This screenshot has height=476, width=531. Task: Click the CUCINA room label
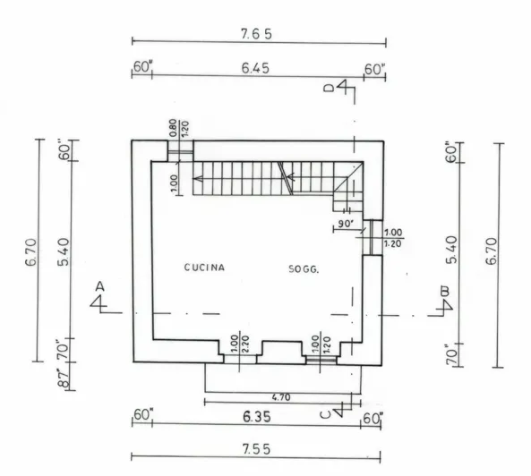[x=204, y=268]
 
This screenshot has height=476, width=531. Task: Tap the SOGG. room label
[x=304, y=269]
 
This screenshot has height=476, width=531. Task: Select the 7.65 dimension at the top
[x=256, y=34]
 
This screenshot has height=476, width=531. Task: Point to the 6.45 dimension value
[x=255, y=68]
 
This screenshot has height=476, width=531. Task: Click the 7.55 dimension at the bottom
[x=256, y=449]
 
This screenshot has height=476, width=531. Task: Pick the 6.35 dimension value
[x=257, y=417]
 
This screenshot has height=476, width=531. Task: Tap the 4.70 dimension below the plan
[x=281, y=397]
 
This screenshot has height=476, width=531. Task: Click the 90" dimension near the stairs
[x=346, y=224]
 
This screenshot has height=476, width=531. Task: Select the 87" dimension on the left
[x=63, y=378]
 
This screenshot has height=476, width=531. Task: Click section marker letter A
[x=99, y=287]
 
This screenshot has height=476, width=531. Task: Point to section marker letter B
[x=445, y=291]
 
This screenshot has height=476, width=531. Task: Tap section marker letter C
[x=325, y=415]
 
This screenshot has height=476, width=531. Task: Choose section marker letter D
[x=329, y=88]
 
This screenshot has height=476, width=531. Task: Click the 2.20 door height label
[x=245, y=344]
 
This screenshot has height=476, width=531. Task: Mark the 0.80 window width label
[x=173, y=128]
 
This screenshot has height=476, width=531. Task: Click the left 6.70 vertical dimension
[x=30, y=252]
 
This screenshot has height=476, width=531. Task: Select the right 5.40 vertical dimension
[x=452, y=251]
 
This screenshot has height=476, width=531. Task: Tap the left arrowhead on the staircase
[x=198, y=178]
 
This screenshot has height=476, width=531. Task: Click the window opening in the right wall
[x=373, y=237]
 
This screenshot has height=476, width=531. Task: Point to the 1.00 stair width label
[x=174, y=184]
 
